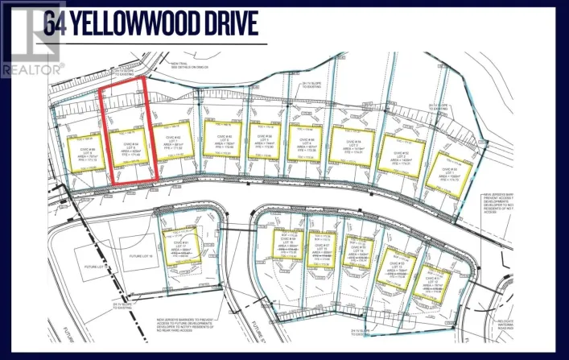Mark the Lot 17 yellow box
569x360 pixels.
tap(179, 243)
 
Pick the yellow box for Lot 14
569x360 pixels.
tap(355, 252)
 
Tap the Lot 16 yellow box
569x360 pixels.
tap(284, 246)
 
